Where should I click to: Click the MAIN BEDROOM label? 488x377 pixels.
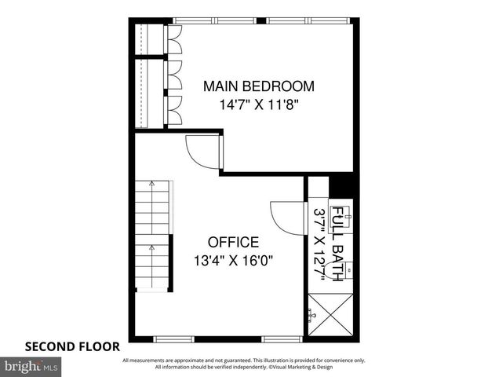coord(258,86)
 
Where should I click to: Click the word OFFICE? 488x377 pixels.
coord(233,242)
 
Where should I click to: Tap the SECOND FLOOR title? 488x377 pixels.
coord(72,346)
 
